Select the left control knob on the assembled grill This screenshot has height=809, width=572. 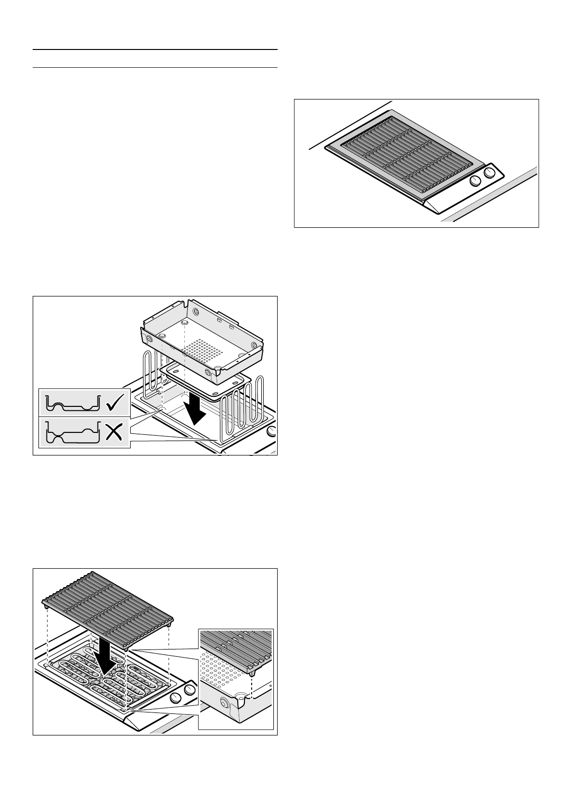pyautogui.click(x=476, y=181)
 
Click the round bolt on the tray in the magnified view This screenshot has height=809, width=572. pyautogui.click(x=223, y=703)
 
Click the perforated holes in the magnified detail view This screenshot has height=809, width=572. pyautogui.click(x=221, y=668)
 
